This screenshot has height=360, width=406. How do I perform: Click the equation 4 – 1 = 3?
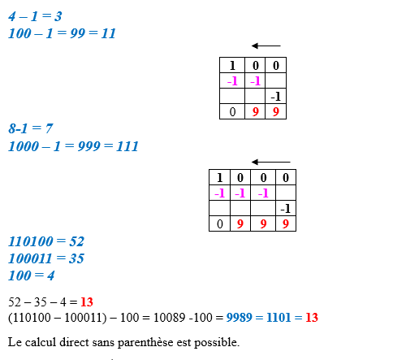35,16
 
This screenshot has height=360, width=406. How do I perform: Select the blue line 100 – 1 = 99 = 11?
62,33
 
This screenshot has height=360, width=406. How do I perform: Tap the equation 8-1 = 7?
31,128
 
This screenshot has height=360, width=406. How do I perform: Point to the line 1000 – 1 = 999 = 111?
73,146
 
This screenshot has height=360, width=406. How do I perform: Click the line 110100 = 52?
46,241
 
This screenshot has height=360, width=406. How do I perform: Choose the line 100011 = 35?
46,258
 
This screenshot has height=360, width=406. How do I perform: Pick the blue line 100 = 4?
32,275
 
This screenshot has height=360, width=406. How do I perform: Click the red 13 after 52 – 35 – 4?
87,301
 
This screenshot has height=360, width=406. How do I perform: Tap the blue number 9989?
240,317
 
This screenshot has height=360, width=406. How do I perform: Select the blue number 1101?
279,317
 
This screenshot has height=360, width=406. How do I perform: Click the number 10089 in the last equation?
169,317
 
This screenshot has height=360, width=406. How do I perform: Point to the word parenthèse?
145,342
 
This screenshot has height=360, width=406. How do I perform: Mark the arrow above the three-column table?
266,46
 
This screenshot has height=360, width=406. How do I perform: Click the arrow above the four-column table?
270,162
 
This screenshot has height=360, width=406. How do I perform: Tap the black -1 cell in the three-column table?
276,96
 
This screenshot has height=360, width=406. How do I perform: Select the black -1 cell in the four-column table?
286,208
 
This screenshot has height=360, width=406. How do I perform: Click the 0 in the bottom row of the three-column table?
232,111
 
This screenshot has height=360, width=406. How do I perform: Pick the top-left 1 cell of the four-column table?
219,177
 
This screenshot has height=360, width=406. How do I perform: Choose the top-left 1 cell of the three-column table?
232,65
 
